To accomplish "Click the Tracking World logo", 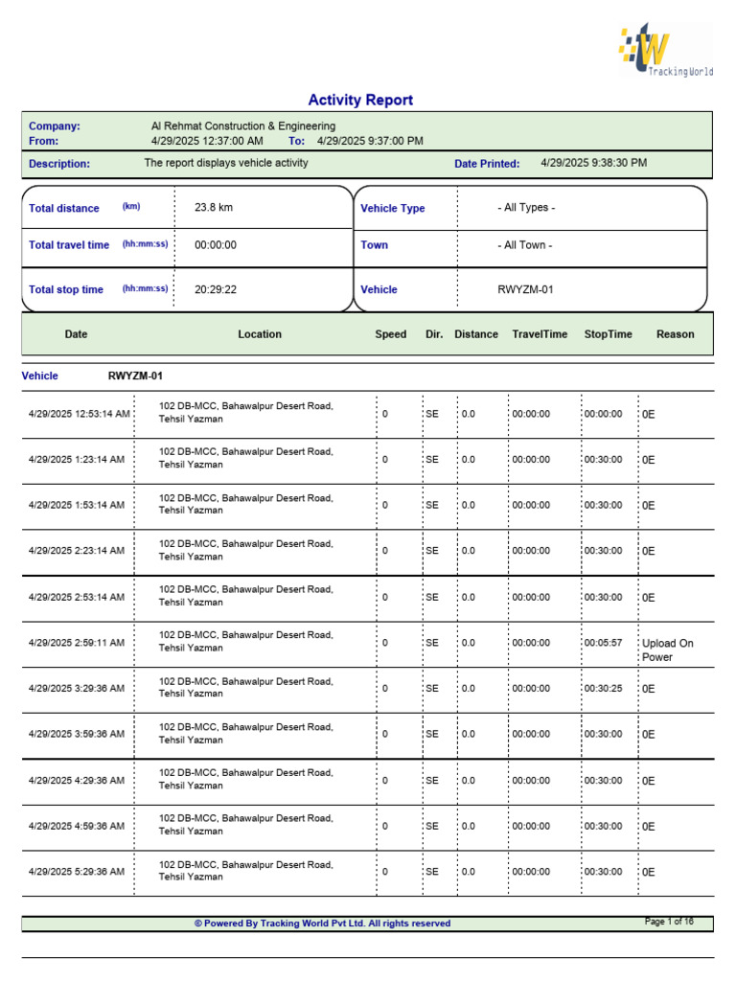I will pyautogui.click(x=665, y=53).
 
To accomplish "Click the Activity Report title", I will pyautogui.click(x=360, y=101).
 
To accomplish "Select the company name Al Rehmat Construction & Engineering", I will pyautogui.click(x=243, y=126).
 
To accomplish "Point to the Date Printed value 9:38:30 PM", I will pyautogui.click(x=593, y=163).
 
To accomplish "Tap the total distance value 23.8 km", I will pyautogui.click(x=214, y=208).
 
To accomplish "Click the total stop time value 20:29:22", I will pyautogui.click(x=216, y=289).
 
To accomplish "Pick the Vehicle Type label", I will pyautogui.click(x=392, y=209).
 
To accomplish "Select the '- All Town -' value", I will pyautogui.click(x=524, y=245).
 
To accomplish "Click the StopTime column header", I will pyautogui.click(x=608, y=334).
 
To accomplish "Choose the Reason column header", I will pyautogui.click(x=676, y=334).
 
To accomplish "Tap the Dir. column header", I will pyautogui.click(x=434, y=334).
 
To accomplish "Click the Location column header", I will pyautogui.click(x=260, y=334).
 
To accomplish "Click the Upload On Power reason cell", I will pyautogui.click(x=667, y=650).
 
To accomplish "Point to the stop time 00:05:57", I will pyautogui.click(x=603, y=644).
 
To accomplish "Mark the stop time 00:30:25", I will pyautogui.click(x=603, y=689).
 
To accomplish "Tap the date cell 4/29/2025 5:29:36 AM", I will pyautogui.click(x=77, y=872).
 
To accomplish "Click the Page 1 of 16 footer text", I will pyautogui.click(x=669, y=922).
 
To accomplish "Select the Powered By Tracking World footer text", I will pyautogui.click(x=322, y=924).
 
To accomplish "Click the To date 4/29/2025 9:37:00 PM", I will pyautogui.click(x=370, y=141).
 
